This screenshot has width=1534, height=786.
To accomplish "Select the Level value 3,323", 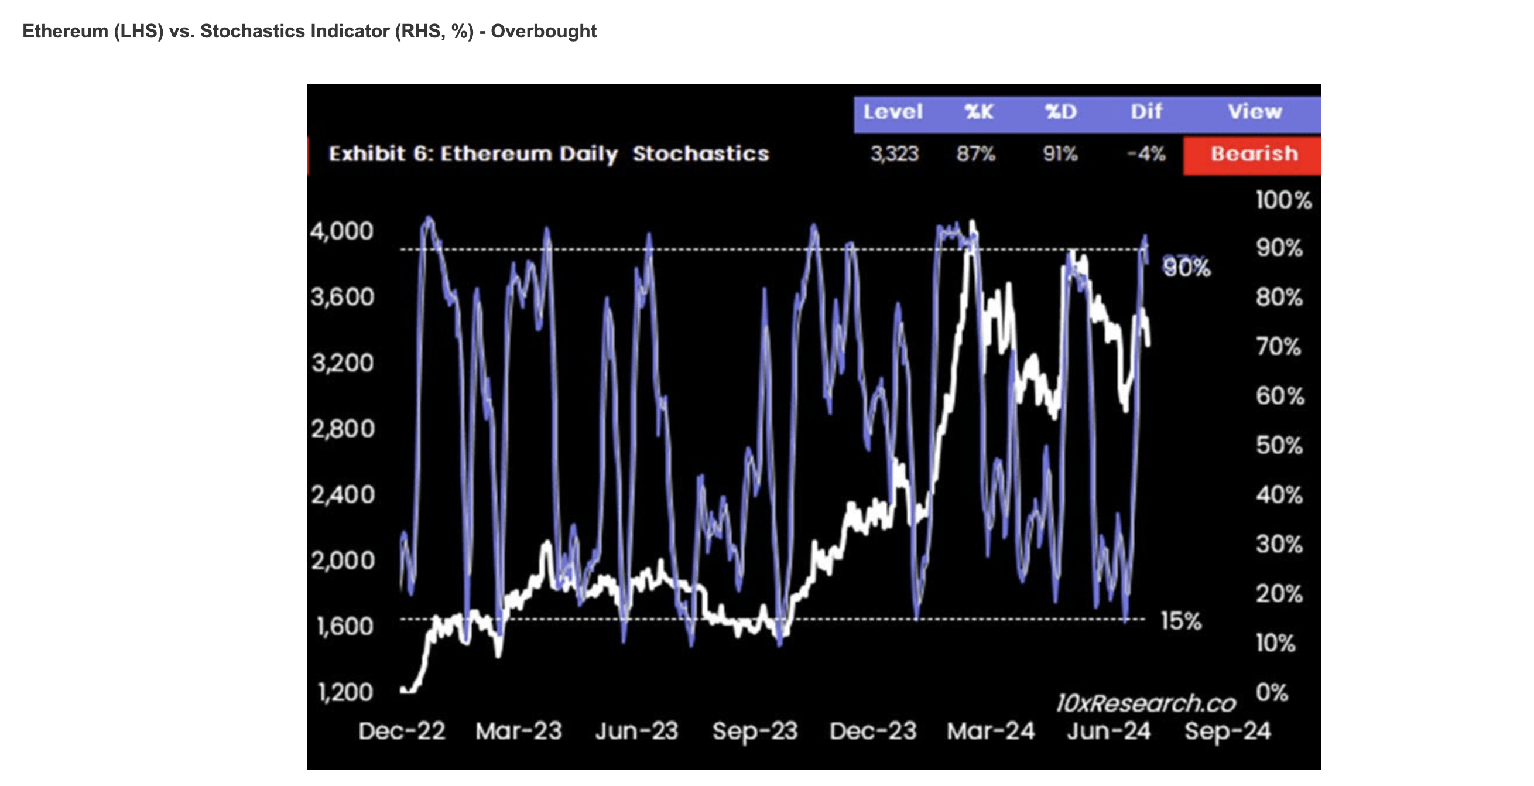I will pos(895,155).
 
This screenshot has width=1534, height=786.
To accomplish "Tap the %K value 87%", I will pos(975,155).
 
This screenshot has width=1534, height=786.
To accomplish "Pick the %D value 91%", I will pos(1060,155).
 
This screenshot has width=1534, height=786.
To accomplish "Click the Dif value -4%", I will pos(1146,155).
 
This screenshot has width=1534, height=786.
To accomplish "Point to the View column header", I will pos(1254,112).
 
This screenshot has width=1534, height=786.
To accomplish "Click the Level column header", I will pos(893,112).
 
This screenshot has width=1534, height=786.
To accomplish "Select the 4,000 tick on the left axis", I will pos(342,231).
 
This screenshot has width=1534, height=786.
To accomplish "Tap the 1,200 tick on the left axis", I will pos(345,692).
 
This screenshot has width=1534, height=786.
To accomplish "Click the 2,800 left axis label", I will pos(343,429).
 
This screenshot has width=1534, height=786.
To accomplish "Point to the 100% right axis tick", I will pos(1283,200).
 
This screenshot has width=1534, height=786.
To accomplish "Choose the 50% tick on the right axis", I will pos(1279,446).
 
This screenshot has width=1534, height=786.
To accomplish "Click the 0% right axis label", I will pos(1271,692).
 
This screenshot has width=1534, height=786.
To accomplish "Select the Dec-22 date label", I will pos(402,731).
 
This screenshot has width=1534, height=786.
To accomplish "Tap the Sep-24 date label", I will pos(1227,731).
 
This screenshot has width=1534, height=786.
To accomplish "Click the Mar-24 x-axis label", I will pos(991,731).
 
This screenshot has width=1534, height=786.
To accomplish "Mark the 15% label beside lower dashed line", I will pos(1181,621).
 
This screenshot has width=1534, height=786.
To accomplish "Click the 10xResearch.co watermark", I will pos(1146,704).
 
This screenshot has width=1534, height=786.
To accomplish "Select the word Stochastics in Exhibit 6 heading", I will pos(700,155).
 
